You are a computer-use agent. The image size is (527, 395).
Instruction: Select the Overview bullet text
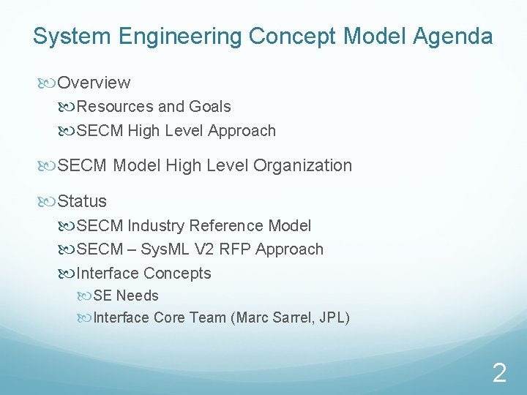pyautogui.click(x=94, y=83)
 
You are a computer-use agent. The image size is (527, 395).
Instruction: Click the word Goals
pyautogui.click(x=209, y=107)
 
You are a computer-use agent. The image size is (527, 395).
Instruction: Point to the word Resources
pyautogui.click(x=115, y=107)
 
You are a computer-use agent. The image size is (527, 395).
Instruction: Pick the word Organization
pyautogui.click(x=302, y=166)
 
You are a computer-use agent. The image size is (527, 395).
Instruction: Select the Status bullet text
pyautogui.click(x=82, y=201)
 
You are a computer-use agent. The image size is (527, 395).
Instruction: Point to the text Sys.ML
pyautogui.click(x=166, y=249)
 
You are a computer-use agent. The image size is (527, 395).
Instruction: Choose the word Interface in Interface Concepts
pyautogui.click(x=108, y=274)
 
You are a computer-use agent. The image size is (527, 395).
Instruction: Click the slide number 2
pyautogui.click(x=498, y=374)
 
